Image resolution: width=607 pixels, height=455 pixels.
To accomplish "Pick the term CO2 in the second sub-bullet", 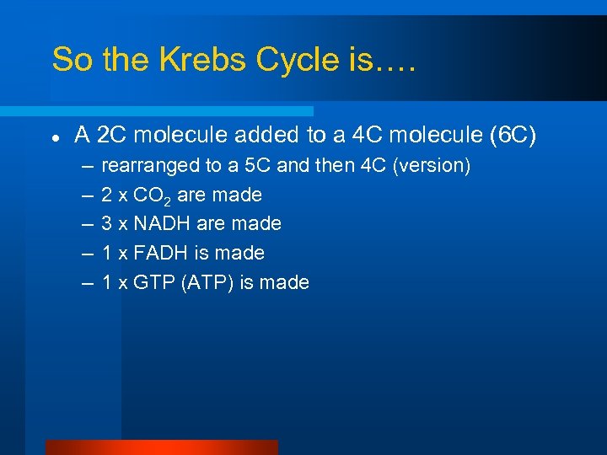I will pyautogui.click(x=153, y=195).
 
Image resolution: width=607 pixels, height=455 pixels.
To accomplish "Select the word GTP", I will pyautogui.click(x=153, y=282).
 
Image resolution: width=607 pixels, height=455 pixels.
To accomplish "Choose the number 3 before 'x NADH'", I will pyautogui.click(x=107, y=223).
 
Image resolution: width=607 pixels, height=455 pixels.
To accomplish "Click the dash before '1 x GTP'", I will pyautogui.click(x=87, y=282).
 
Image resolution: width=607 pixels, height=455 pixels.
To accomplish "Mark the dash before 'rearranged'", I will pyautogui.click(x=87, y=166).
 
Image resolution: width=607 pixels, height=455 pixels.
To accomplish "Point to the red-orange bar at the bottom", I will pyautogui.click(x=161, y=447).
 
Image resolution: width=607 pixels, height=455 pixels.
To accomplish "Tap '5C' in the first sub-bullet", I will pyautogui.click(x=257, y=166).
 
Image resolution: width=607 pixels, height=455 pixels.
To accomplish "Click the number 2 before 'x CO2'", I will pyautogui.click(x=107, y=195).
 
